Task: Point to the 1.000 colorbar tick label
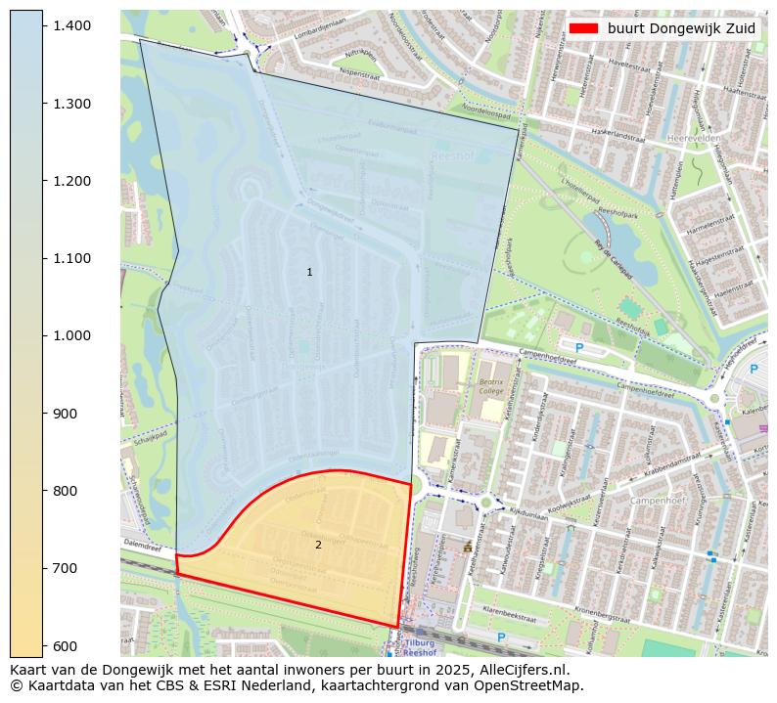click(x=71, y=335)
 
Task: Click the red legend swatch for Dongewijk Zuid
click(x=584, y=29)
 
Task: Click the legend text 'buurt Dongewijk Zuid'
click(x=681, y=29)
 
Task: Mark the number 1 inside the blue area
click(x=309, y=272)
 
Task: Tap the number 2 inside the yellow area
click(x=318, y=545)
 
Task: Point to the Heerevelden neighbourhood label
click(x=693, y=139)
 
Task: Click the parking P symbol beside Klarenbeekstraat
click(x=501, y=637)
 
